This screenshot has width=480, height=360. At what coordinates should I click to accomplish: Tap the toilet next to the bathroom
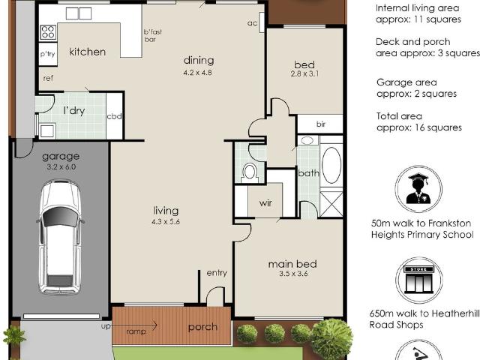pos(250,172)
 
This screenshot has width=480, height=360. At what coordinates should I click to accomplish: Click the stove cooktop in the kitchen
pos(47,32)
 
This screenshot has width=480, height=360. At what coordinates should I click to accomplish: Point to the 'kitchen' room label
pos(88,52)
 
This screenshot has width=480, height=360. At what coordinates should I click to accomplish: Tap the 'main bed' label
pos(292,263)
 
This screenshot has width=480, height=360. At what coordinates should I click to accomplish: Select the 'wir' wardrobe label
pos(265,202)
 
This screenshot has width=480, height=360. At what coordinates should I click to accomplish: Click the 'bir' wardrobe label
pos(320,124)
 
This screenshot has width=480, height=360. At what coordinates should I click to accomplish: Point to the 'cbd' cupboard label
pos(115,116)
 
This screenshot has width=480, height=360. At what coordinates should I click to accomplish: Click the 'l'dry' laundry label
pos(73,110)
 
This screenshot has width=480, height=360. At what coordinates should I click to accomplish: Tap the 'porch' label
pos(202,327)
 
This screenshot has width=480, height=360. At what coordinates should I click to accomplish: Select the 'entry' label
pos(217,273)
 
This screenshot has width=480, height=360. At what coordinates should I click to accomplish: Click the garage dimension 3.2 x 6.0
pos(61,168)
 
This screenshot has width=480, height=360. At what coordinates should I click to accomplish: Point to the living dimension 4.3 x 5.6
pos(166,222)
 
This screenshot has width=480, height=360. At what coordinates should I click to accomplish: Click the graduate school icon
pos(418,189)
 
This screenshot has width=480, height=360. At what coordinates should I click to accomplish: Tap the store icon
pos(418,279)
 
